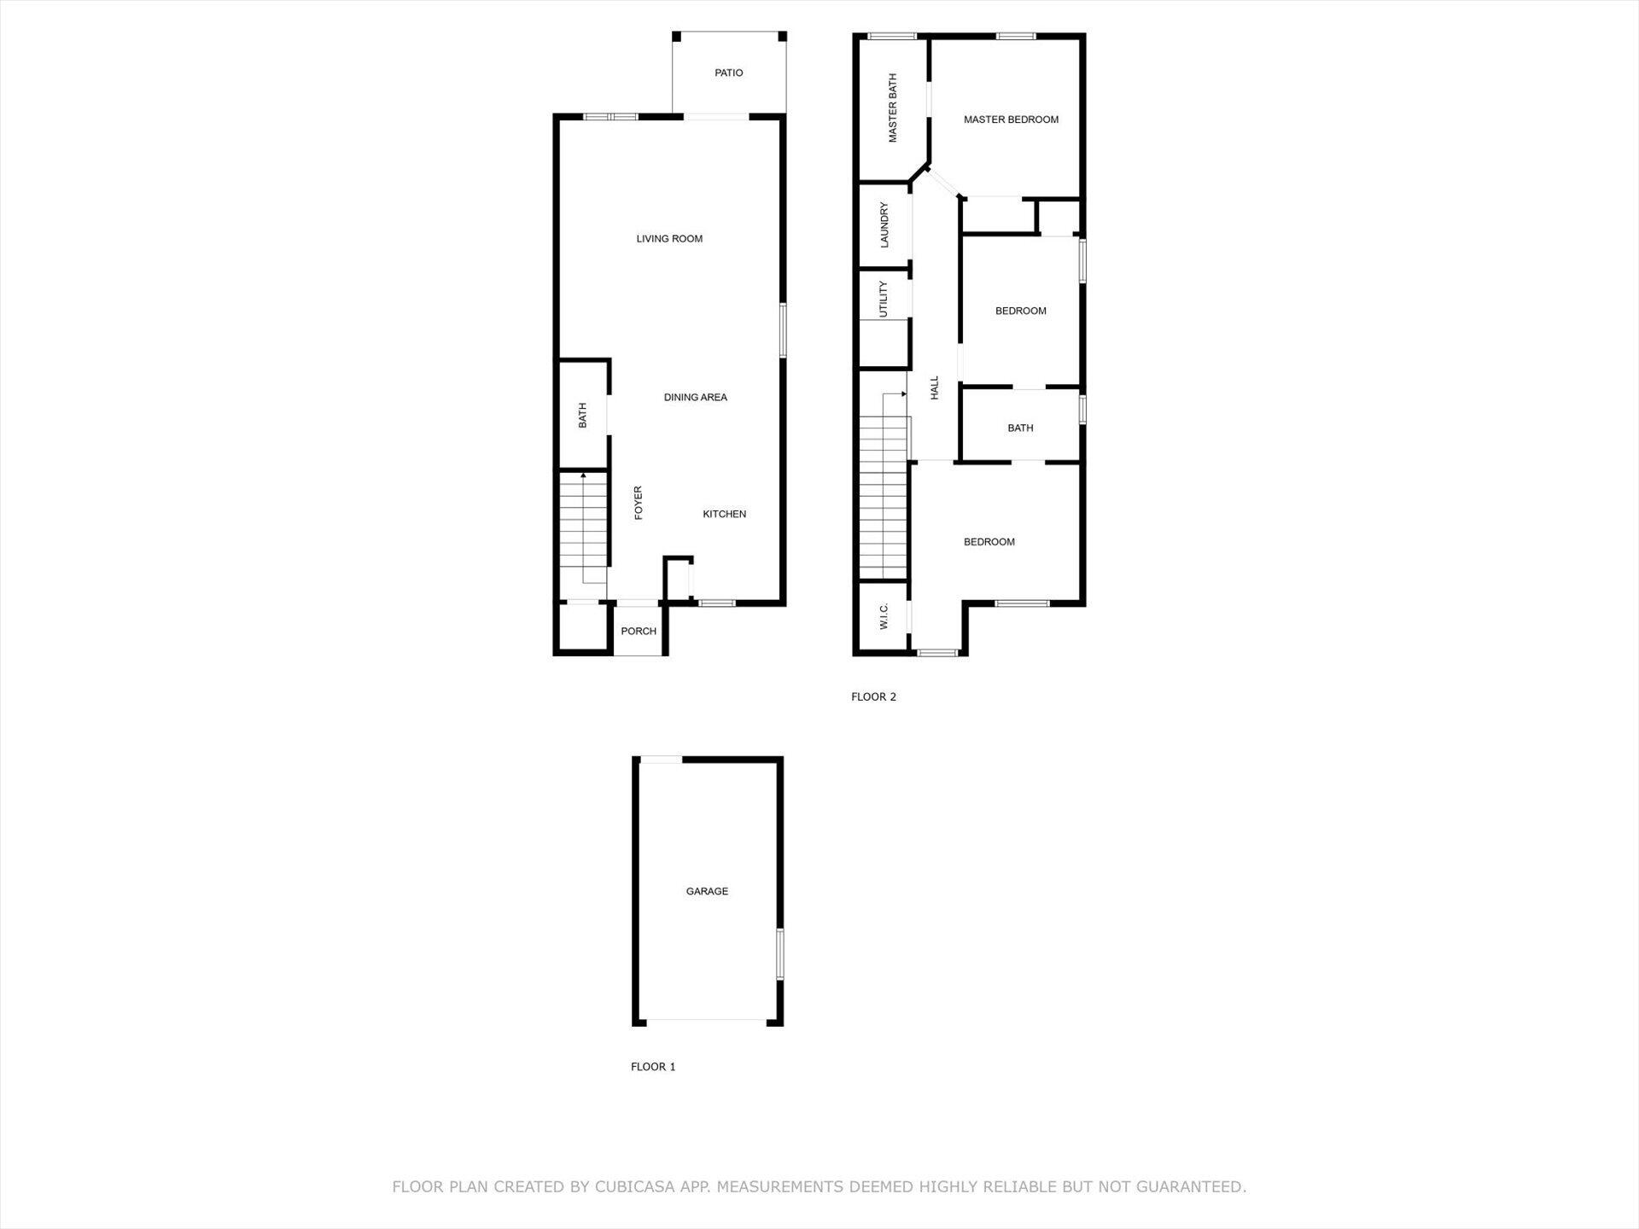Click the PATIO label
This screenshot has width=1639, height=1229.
pos(728,73)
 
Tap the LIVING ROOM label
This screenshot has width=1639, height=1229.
pos(669,239)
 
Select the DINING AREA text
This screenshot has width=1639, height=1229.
pos(695,398)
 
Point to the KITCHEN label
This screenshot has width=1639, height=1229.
pos(724,515)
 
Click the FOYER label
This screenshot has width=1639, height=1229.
pos(638,503)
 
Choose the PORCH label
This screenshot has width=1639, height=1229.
pos(639,632)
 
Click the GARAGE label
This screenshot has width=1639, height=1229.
pos(707,891)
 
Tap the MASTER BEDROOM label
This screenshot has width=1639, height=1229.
pos(1011,119)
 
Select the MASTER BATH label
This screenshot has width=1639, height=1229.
pos(893,108)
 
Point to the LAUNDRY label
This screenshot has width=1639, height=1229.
pos(884,225)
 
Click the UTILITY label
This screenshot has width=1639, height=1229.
pos(884,300)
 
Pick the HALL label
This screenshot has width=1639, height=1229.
pos(935,388)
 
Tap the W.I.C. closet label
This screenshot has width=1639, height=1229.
pos(884,617)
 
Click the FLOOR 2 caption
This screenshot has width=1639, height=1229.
pos(873,696)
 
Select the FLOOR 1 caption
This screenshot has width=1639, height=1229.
pos(653,1067)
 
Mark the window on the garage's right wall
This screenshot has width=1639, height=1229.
pos(779,954)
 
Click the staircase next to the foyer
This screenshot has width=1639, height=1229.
pos(584,529)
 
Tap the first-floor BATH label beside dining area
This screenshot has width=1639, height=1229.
pos(583,416)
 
